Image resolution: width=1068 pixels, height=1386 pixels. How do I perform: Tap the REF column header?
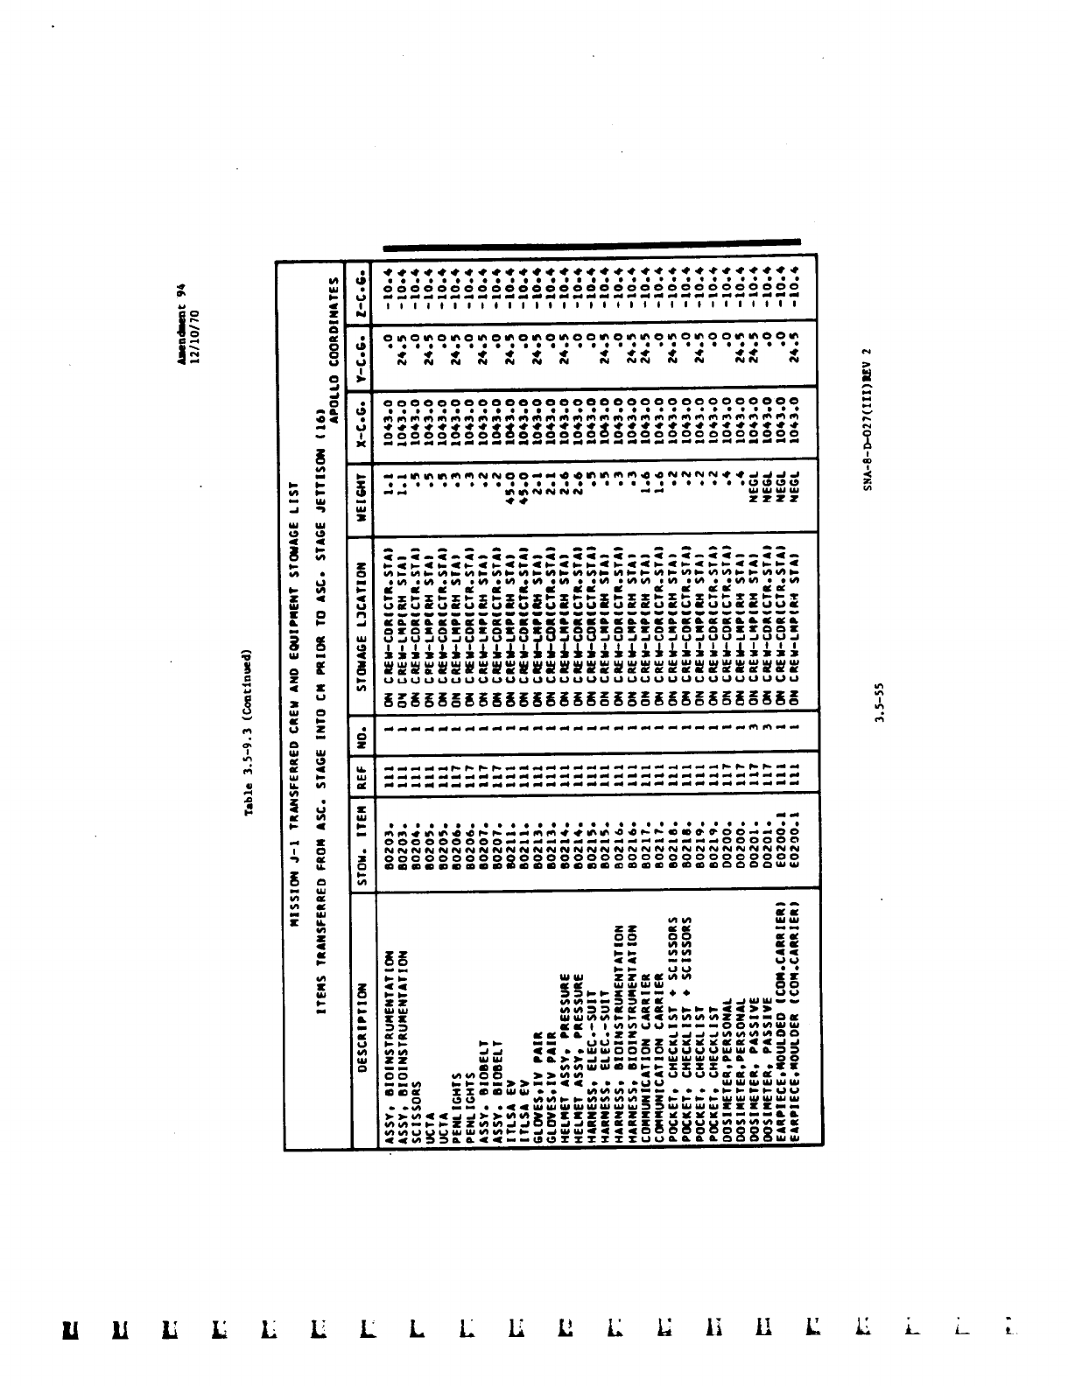pos(361,772)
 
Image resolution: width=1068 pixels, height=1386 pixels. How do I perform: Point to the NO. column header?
pos(361,731)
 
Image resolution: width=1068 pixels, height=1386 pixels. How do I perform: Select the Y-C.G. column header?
pos(361,354)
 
